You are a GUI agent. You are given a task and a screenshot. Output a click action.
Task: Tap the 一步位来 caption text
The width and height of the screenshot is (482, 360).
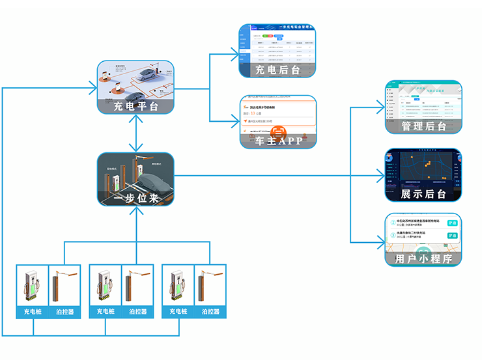pyautogui.click(x=135, y=197)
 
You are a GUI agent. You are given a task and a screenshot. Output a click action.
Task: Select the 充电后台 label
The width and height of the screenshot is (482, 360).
pyautogui.click(x=277, y=70)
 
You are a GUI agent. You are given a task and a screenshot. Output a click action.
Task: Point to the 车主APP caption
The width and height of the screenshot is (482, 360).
pyautogui.click(x=277, y=141)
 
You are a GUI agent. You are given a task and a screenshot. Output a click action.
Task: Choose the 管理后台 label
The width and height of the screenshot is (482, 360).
pyautogui.click(x=423, y=126)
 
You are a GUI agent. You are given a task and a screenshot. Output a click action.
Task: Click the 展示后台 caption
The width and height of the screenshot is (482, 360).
pyautogui.click(x=423, y=194)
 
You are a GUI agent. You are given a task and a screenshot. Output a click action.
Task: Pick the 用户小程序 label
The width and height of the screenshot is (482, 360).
pyautogui.click(x=423, y=258)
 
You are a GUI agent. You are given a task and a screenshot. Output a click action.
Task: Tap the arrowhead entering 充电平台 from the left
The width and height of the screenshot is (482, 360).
pyautogui.click(x=92, y=87)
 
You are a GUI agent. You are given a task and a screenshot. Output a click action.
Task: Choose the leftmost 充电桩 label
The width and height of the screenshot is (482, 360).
pyautogui.click(x=32, y=311)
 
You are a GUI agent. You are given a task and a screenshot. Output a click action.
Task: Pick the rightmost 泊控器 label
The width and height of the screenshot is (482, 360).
pyautogui.click(x=210, y=311)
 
